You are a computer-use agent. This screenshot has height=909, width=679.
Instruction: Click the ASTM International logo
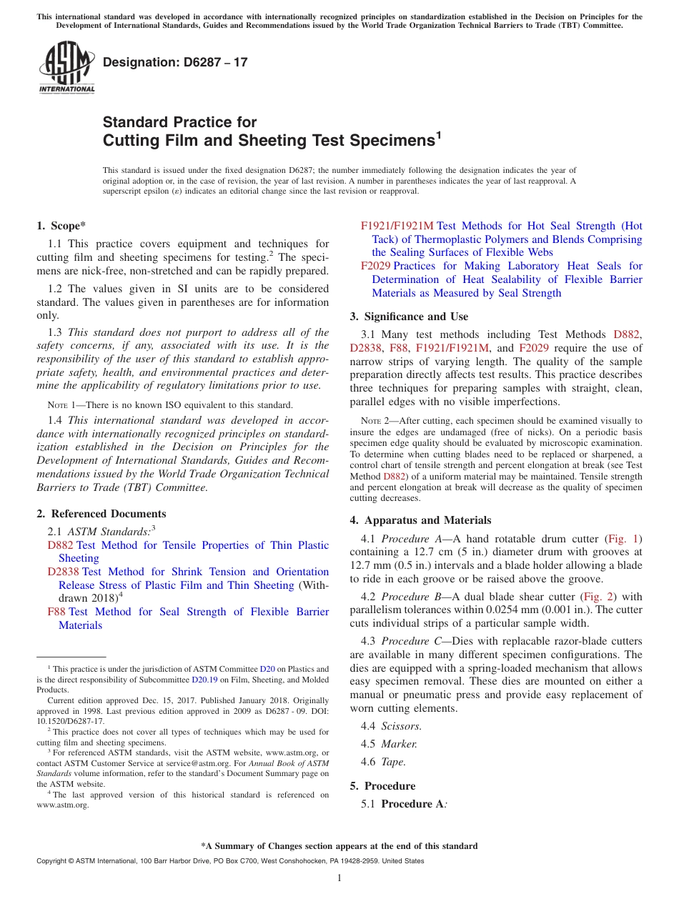point(66,68)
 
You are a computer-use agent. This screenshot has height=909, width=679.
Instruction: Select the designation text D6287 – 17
point(175,62)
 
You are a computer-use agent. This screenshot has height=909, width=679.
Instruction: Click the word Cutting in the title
point(131,140)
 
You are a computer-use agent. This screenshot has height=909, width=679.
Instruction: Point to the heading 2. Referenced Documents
point(101,514)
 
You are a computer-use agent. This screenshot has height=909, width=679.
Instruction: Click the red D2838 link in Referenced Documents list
point(63,572)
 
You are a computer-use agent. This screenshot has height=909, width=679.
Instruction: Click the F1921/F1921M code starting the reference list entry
point(397,226)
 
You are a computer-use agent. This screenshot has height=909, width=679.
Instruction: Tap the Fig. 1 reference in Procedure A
point(623,538)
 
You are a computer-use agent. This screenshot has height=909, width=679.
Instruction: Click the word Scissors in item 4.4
point(400,726)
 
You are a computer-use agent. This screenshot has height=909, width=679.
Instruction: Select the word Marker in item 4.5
point(398,744)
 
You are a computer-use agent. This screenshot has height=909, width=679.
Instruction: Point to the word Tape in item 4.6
point(392,762)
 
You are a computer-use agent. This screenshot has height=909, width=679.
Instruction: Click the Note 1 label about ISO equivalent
point(61,405)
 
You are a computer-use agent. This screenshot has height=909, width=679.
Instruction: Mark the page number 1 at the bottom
point(339,878)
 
